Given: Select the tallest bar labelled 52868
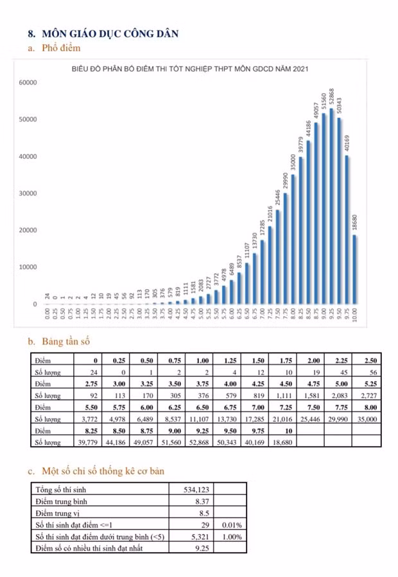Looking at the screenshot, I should pyautogui.click(x=331, y=205).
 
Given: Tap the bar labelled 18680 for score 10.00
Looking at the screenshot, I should pyautogui.click(x=355, y=269).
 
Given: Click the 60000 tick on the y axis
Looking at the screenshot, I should pyautogui.click(x=28, y=83).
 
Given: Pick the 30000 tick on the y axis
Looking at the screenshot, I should pyautogui.click(x=28, y=194).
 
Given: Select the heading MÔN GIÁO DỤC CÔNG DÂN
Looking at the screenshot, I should pyautogui.click(x=109, y=33).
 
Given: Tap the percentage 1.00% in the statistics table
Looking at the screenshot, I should pyautogui.click(x=231, y=536).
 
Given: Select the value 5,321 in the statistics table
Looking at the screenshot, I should pyautogui.click(x=201, y=536).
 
